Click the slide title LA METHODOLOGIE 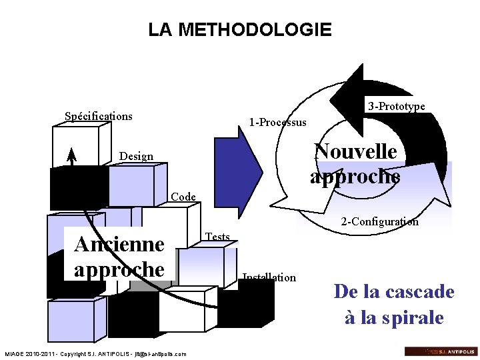239,30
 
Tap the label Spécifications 99,116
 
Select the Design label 136,156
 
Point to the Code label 183,197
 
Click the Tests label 218,237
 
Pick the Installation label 269,277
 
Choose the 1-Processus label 277,122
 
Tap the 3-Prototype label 397,106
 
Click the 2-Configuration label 380,221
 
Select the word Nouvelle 355,151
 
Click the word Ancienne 119,244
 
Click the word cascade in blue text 419,292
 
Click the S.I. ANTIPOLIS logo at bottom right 441,351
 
